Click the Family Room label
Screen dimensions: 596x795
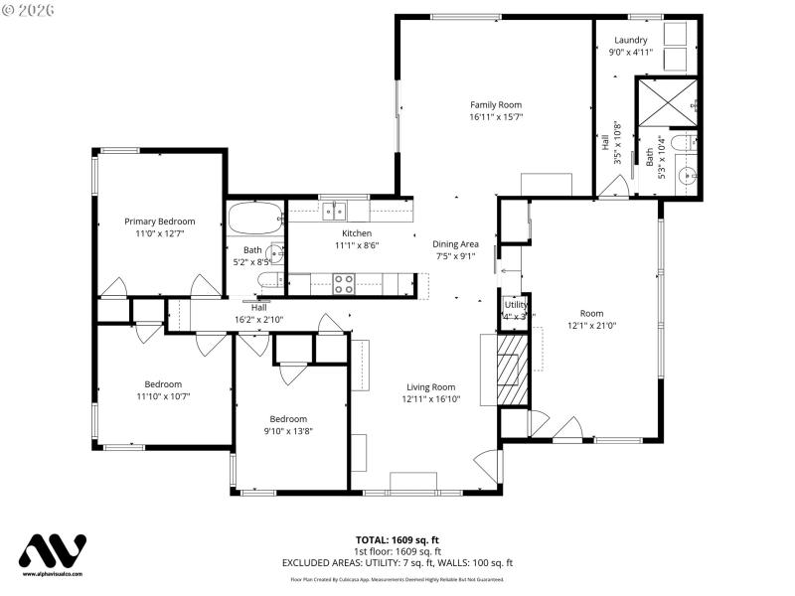[495, 104]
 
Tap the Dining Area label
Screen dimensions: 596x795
[455, 243]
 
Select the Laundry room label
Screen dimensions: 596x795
[630, 40]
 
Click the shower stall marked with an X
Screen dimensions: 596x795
[667, 102]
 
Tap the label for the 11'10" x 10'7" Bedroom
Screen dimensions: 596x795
[163, 384]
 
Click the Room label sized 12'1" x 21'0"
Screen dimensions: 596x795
[591, 313]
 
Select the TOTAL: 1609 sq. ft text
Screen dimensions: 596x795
[397, 540]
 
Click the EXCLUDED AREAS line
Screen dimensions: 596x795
[397, 562]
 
